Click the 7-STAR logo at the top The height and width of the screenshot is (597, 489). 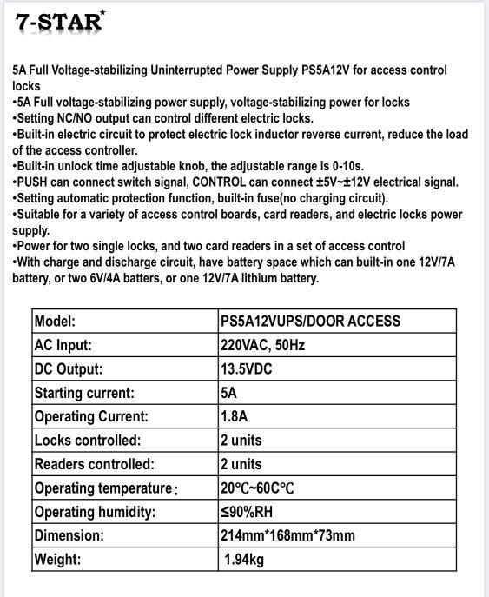pos(59,22)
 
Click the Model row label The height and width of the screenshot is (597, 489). pos(56,322)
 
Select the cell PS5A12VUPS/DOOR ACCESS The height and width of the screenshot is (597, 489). pos(310,322)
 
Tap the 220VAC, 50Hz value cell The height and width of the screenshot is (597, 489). pos(262,345)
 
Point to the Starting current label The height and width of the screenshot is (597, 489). pos(84,393)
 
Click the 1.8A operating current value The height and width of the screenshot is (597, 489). pos(234,416)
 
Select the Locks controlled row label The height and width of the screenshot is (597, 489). pos(87,441)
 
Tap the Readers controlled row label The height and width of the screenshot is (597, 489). pos(94,464)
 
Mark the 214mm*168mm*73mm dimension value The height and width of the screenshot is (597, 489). pos(287,535)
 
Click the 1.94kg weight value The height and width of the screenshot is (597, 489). pos(244,560)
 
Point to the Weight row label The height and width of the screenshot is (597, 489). pos(57,560)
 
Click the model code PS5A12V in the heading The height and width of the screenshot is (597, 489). pos(331,70)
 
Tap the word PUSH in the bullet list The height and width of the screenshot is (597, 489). pos(34,182)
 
